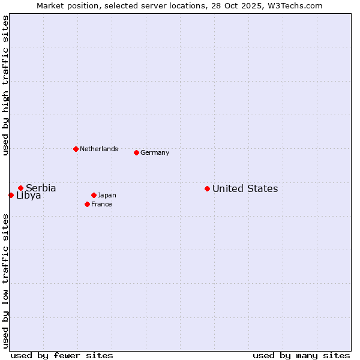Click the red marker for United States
(207, 188)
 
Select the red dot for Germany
(136, 152)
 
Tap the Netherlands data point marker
(76, 149)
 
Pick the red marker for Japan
(94, 195)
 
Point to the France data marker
(87, 204)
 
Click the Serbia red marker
(20, 188)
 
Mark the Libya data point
(11, 195)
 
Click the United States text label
(245, 188)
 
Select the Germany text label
(155, 152)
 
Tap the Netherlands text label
(99, 149)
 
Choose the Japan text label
(107, 195)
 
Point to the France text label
(101, 204)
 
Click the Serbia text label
(41, 188)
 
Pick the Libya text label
(29, 196)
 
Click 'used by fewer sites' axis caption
(62, 355)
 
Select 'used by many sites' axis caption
(301, 355)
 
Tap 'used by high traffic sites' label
(5, 85)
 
